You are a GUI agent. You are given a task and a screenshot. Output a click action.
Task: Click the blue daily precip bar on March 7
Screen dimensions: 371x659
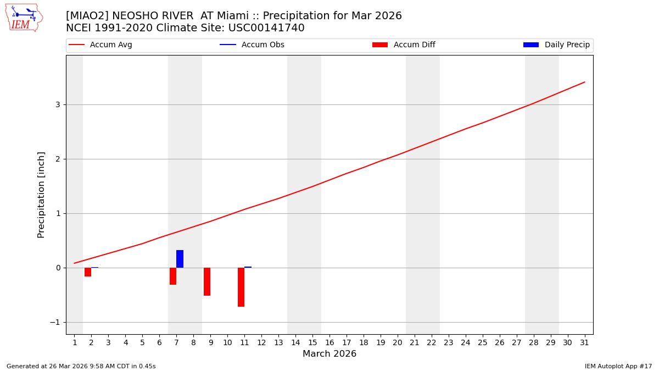180,259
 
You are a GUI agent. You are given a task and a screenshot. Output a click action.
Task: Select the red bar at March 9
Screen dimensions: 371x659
207,281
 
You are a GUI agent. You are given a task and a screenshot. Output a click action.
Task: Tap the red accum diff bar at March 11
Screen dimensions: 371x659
241,287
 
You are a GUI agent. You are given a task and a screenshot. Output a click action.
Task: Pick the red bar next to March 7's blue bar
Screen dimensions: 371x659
173,276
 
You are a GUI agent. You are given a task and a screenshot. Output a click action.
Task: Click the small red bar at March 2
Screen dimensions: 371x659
88,272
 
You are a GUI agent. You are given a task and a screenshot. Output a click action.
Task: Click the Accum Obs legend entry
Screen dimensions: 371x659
263,45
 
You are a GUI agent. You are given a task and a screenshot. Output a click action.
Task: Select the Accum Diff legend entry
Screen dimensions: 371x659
414,45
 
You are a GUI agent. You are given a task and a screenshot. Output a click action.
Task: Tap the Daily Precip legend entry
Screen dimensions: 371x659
567,45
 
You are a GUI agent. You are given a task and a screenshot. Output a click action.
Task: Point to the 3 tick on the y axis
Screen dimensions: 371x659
57,104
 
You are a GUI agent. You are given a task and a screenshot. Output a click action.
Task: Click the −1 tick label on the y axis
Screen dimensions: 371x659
55,322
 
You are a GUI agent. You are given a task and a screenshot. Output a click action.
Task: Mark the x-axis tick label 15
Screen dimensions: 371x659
312,343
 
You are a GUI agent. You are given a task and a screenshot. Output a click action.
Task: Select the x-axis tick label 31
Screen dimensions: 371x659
584,343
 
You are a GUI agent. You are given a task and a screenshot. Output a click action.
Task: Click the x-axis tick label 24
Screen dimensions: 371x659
466,343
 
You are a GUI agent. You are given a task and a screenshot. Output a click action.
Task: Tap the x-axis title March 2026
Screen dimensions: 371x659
329,354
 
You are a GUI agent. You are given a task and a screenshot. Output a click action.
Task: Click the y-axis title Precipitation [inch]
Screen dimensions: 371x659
41,195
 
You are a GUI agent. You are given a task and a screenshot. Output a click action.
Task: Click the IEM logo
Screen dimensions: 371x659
24,18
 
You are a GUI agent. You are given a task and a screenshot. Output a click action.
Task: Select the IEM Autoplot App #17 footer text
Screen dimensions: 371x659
618,366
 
